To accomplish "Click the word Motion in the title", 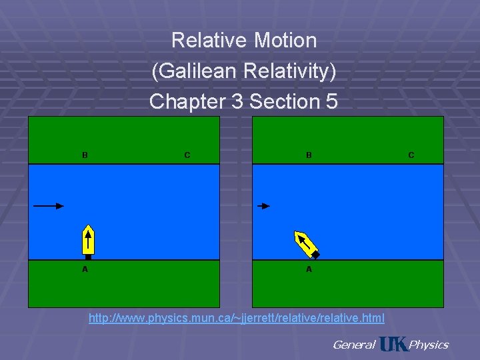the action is click(x=285, y=41).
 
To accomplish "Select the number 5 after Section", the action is click(x=331, y=102).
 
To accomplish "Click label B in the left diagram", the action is click(x=85, y=155).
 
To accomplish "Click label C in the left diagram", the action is click(x=187, y=155).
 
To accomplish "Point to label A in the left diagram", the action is click(x=85, y=269).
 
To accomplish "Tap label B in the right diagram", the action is click(x=309, y=155).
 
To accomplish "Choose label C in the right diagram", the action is click(x=411, y=155).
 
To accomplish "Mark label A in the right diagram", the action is click(x=309, y=269).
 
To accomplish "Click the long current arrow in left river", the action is click(x=48, y=206).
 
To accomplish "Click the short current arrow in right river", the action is click(x=264, y=206).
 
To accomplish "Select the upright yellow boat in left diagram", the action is click(x=88, y=240).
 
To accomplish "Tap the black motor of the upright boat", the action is click(x=88, y=257).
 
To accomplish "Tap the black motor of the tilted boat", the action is click(x=316, y=255).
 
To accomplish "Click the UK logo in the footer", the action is click(x=392, y=343).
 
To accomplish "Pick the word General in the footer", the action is click(x=353, y=345).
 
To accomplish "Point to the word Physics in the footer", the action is click(x=429, y=345).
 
